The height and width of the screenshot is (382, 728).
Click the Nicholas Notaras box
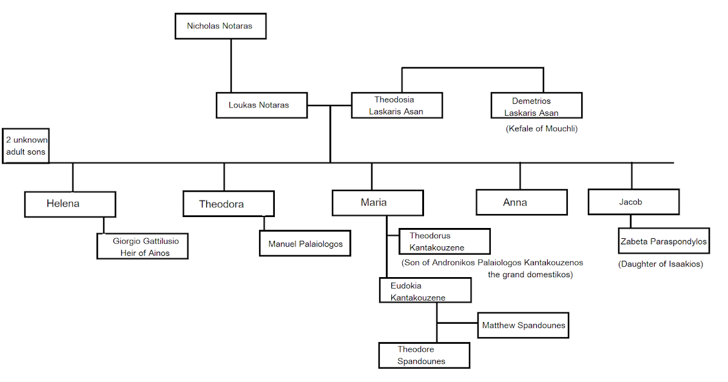(x=220, y=26)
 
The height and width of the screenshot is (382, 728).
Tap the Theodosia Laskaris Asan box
(x=397, y=105)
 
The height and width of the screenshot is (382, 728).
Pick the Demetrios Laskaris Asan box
(x=536, y=106)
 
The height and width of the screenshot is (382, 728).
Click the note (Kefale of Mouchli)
(x=541, y=129)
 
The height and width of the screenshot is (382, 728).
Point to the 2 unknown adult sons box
(x=26, y=146)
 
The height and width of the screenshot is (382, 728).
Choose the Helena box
(x=70, y=204)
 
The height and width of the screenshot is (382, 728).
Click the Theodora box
(x=228, y=204)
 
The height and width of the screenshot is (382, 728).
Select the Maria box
(x=377, y=203)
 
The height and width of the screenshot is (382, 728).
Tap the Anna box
(x=521, y=203)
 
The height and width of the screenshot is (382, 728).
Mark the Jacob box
(x=633, y=202)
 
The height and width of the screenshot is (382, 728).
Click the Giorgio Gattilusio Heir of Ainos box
(x=143, y=247)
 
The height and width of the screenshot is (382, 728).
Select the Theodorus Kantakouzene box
(x=444, y=241)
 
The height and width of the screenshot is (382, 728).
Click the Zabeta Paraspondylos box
(x=664, y=241)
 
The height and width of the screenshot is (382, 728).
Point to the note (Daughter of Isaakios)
(x=661, y=264)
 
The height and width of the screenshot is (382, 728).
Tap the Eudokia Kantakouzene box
(x=425, y=291)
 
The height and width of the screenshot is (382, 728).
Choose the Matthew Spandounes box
(x=524, y=326)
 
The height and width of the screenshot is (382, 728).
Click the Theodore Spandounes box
(x=424, y=355)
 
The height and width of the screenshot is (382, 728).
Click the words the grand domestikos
(x=530, y=275)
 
